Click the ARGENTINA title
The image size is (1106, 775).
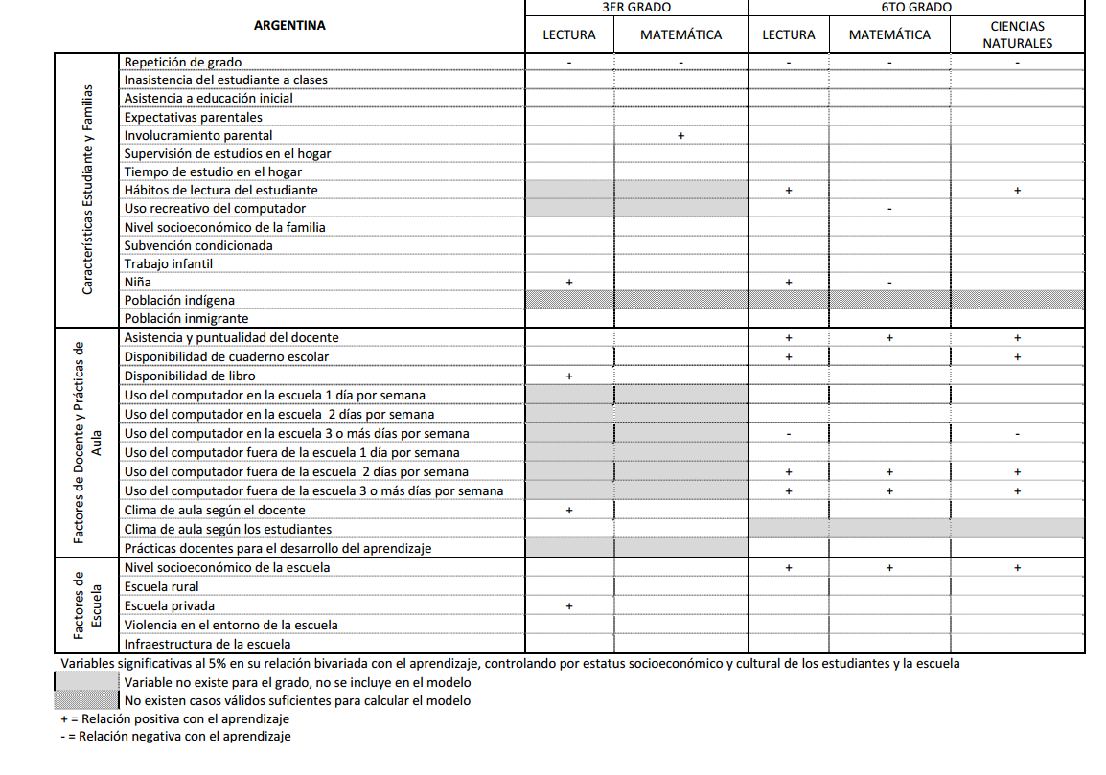(289, 26)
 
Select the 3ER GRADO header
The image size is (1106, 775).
(635, 7)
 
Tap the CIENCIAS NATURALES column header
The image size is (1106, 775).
(1017, 34)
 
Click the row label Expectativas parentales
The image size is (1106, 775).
(193, 117)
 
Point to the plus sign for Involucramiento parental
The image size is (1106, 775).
(680, 136)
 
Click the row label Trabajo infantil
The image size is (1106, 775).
(169, 263)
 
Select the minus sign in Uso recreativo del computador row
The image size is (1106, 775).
(889, 209)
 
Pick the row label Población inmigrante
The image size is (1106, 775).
(186, 318)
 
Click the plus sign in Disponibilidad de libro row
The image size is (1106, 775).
(569, 376)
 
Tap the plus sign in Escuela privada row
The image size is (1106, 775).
(569, 606)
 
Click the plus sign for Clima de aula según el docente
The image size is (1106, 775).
(569, 511)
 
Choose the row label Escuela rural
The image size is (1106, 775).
(162, 586)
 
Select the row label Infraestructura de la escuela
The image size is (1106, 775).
(207, 644)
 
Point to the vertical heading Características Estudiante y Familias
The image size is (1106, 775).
(87, 189)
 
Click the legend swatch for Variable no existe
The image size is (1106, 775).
(87, 683)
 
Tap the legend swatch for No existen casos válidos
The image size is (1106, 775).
(87, 700)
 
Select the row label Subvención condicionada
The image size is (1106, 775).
(198, 245)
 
